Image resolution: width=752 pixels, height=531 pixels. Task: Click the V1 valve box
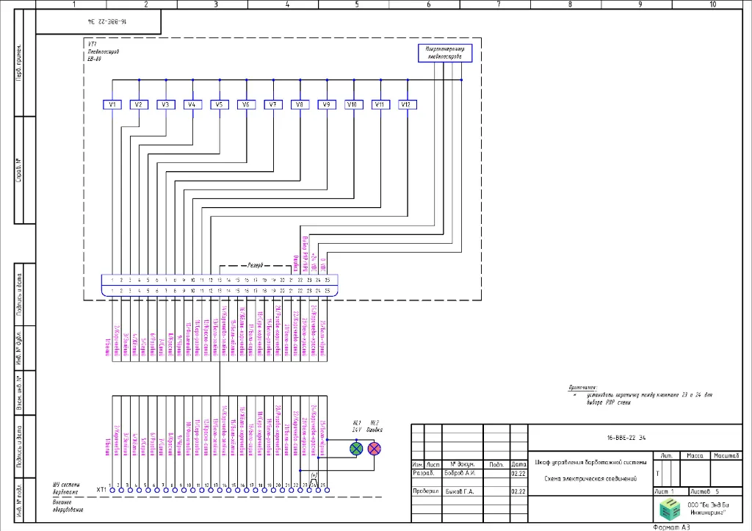pyautogui.click(x=112, y=105)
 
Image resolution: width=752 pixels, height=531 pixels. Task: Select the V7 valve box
pyautogui.click(x=272, y=105)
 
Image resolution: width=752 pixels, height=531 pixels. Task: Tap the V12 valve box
pyautogui.click(x=405, y=105)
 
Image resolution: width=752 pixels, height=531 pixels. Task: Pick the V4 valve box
pyautogui.click(x=192, y=105)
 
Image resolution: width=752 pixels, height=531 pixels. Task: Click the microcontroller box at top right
pyautogui.click(x=445, y=52)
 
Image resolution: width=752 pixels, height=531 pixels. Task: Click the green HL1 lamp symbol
pyautogui.click(x=356, y=448)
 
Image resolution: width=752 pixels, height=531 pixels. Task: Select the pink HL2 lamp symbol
pyautogui.click(x=375, y=448)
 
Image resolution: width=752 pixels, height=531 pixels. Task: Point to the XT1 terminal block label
pyautogui.click(x=102, y=488)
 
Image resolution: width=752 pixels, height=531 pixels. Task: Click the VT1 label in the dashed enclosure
pyautogui.click(x=91, y=45)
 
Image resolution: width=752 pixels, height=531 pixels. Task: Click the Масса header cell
pyautogui.click(x=695, y=456)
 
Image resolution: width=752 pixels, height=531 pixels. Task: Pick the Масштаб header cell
pyautogui.click(x=723, y=456)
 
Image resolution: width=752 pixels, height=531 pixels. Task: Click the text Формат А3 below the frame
pyautogui.click(x=672, y=527)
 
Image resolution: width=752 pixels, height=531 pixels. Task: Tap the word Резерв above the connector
pyautogui.click(x=256, y=264)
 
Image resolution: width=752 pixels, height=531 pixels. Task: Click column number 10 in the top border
pyautogui.click(x=712, y=4)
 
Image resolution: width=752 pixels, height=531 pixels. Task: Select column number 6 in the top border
pyautogui.click(x=428, y=4)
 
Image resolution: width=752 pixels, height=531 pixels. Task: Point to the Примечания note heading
pyautogui.click(x=583, y=386)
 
